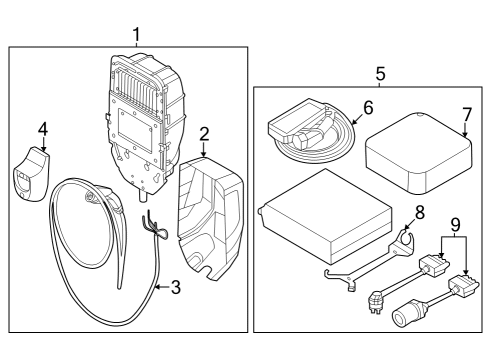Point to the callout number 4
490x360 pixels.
pos(43,128)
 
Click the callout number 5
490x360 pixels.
pos(380,73)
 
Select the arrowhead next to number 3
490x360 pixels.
pos(157,286)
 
